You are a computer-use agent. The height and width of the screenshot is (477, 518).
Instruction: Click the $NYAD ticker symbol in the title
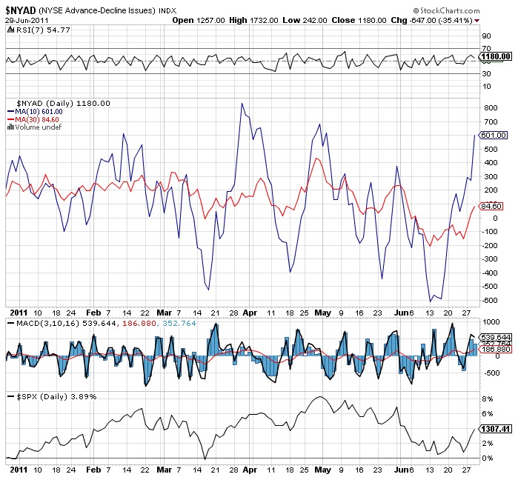point(21,10)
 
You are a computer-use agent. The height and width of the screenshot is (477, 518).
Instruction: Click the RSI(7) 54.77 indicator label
point(30,30)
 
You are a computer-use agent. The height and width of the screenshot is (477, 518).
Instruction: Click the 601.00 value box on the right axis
point(494,135)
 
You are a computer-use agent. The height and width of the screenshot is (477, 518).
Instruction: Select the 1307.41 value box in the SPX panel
point(495,428)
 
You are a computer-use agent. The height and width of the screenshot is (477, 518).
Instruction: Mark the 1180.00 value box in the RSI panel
point(495,56)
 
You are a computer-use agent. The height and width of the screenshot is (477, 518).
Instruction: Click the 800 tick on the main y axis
point(488,108)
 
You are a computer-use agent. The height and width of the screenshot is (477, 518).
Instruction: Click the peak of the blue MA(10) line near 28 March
point(242,104)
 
